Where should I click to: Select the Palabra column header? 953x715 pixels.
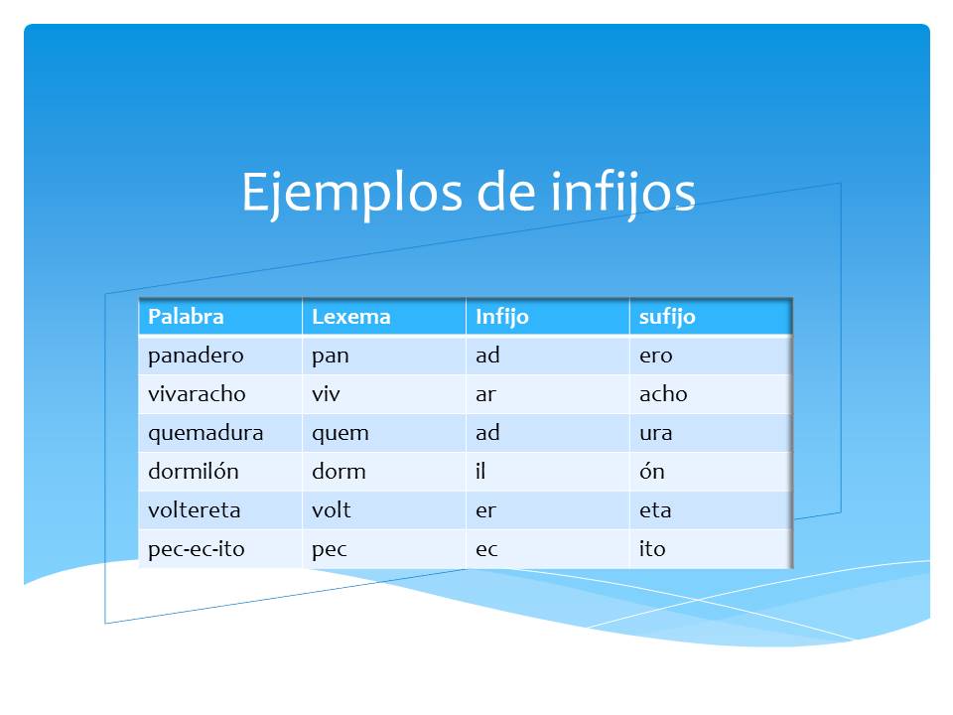(x=186, y=317)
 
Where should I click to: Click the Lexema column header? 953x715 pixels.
(x=351, y=317)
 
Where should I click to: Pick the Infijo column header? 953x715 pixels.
(x=502, y=317)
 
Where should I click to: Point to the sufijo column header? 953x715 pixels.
(x=667, y=317)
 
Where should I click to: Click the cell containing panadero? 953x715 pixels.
(x=196, y=355)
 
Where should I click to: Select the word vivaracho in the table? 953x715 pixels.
(x=197, y=393)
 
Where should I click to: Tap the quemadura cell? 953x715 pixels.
(x=205, y=433)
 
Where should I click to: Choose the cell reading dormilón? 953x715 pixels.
(x=194, y=472)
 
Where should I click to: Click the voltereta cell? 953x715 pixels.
(x=194, y=510)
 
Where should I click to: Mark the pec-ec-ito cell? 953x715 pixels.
(x=196, y=549)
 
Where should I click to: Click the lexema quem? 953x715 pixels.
(x=340, y=433)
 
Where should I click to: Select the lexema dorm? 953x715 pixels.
(x=339, y=472)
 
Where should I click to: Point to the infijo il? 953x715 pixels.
(x=480, y=472)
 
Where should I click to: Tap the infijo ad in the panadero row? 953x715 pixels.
(x=487, y=355)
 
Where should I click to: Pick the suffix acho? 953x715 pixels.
(x=663, y=393)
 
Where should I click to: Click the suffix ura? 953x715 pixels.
(x=656, y=433)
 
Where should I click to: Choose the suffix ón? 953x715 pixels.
(x=651, y=472)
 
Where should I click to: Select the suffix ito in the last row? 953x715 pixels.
(x=652, y=549)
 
